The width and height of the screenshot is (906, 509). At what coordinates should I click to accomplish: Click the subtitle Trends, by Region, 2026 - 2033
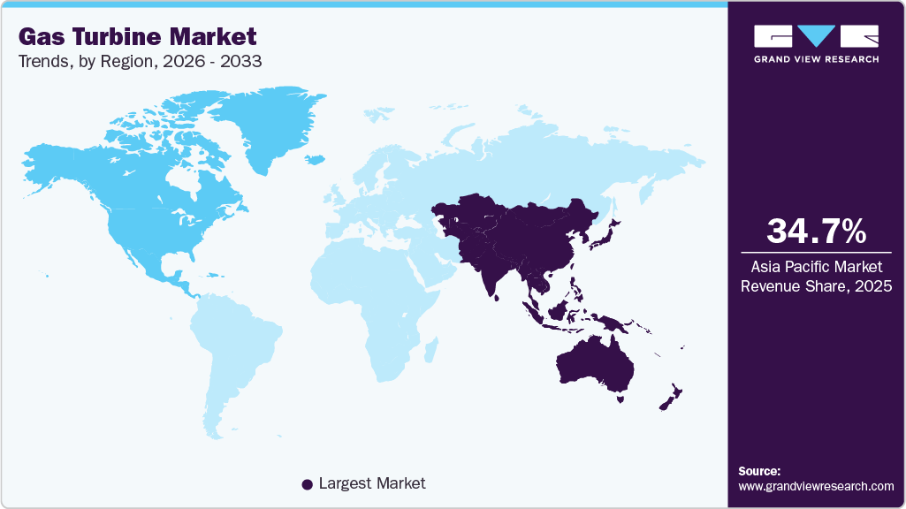click(139, 62)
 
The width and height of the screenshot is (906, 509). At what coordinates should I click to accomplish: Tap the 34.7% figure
click(816, 232)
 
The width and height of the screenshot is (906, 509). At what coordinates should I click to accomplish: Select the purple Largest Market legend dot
click(307, 484)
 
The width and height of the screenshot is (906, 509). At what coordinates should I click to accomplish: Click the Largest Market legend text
click(372, 483)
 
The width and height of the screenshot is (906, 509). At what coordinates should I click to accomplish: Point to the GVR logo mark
click(816, 36)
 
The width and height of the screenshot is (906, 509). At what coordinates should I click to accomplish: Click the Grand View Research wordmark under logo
click(816, 59)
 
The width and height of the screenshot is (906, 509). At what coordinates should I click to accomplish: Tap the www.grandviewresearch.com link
click(816, 486)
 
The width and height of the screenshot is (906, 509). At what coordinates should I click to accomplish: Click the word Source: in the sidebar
click(759, 471)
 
